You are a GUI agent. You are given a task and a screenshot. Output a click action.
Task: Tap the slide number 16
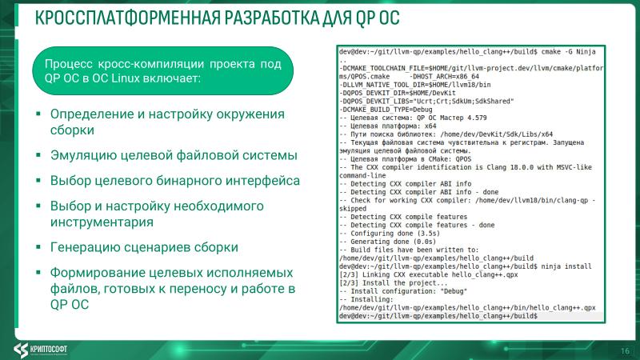coord(624,350)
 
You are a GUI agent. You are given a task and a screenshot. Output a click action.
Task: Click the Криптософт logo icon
coord(23,349)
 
